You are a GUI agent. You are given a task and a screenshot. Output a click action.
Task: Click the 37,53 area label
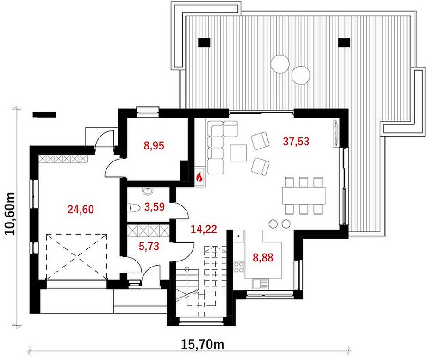(296, 142)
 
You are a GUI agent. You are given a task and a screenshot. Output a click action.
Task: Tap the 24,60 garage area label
(81, 210)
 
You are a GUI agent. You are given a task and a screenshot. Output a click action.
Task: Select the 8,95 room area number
(154, 146)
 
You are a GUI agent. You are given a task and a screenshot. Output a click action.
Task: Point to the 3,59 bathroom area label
(154, 206)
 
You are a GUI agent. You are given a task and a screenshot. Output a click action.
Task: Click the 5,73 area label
(149, 246)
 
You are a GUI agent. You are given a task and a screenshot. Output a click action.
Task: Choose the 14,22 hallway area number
(204, 229)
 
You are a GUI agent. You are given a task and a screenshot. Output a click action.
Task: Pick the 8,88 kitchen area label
(263, 257)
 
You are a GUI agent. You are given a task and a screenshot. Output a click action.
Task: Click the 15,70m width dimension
(202, 345)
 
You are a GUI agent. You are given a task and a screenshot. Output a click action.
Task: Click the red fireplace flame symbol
(199, 177)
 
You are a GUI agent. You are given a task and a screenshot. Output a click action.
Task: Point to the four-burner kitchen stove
(239, 267)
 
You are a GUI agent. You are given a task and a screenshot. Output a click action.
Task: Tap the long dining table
(304, 195)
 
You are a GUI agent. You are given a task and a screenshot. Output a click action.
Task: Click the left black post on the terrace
(204, 43)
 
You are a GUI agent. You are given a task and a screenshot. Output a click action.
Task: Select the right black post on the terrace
(344, 43)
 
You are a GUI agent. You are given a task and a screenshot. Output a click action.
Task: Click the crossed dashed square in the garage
(77, 257)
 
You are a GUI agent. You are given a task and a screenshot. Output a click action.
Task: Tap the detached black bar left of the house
(44, 114)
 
